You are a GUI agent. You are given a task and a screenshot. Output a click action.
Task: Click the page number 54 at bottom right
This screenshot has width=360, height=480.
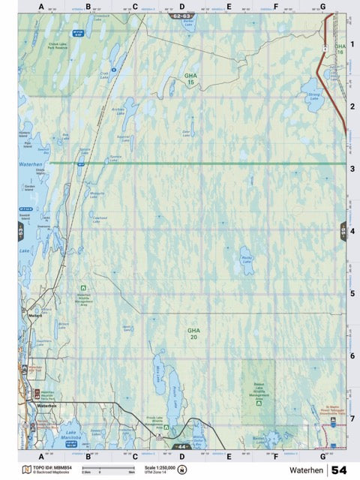(338, 470)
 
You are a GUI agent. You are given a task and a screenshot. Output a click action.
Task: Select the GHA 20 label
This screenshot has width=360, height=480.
(194, 334)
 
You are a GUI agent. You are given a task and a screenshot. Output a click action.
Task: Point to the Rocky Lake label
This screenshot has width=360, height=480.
(246, 261)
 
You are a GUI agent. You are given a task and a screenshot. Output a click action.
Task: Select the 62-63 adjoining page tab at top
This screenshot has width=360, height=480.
(181, 16)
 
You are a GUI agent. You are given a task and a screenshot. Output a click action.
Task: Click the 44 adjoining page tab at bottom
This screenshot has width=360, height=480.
(181, 447)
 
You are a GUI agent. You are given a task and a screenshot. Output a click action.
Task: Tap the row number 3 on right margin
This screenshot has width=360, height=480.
(352, 169)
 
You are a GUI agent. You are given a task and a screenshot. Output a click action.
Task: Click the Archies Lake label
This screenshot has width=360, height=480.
(117, 109)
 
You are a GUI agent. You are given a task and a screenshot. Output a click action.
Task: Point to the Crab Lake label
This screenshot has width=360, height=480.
(105, 73)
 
